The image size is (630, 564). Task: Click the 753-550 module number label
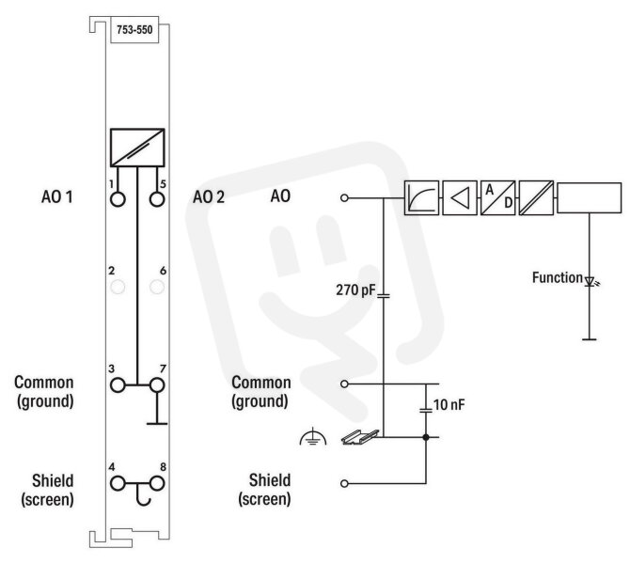click(x=134, y=30)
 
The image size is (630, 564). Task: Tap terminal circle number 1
click(x=118, y=199)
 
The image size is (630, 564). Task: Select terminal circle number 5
click(x=157, y=199)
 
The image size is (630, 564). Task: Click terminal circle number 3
click(x=118, y=385)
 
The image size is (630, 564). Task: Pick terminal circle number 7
click(x=157, y=385)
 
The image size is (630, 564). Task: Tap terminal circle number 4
click(x=118, y=484)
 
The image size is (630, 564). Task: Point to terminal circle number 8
click(x=157, y=484)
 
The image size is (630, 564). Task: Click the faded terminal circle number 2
click(x=118, y=288)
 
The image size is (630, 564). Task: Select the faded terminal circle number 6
click(x=157, y=288)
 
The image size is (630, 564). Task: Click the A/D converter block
click(x=497, y=197)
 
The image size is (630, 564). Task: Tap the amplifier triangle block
click(x=460, y=197)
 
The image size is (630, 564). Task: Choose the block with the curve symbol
click(x=421, y=197)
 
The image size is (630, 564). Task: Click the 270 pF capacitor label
click(x=355, y=290)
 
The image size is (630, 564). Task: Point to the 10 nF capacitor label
click(x=449, y=405)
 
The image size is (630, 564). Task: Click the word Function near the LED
click(x=558, y=277)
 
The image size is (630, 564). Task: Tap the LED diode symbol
click(x=590, y=282)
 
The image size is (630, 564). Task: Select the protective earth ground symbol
click(x=313, y=438)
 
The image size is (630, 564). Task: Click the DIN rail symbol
click(x=360, y=437)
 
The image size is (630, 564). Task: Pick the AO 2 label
click(x=209, y=197)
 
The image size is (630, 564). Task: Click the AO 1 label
click(x=57, y=197)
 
